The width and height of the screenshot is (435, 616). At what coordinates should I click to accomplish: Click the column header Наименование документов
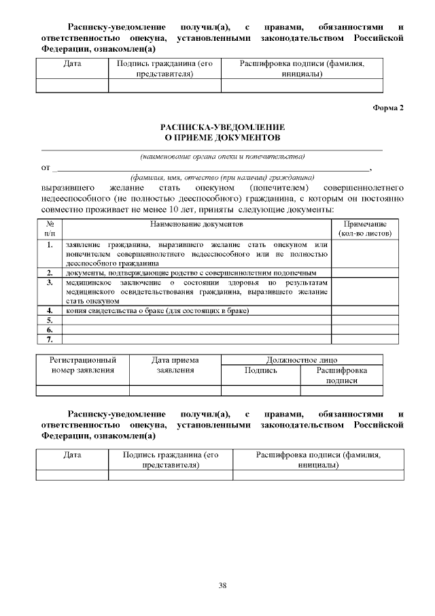[196, 223]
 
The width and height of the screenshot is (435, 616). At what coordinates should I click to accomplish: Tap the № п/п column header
[50, 228]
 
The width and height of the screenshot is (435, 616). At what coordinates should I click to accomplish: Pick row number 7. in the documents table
[50, 338]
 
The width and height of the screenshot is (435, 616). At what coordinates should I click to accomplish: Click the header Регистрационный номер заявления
[83, 365]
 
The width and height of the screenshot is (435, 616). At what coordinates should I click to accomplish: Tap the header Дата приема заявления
[175, 365]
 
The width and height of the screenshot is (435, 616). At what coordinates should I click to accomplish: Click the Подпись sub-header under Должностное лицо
[261, 370]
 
